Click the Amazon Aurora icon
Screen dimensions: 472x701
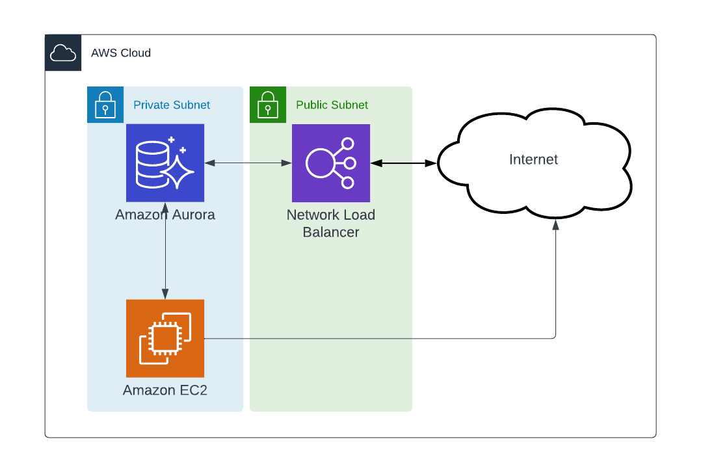tap(165, 163)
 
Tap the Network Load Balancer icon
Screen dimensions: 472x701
tap(331, 163)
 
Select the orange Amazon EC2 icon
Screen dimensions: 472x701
tap(165, 338)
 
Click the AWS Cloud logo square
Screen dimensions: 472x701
tap(63, 53)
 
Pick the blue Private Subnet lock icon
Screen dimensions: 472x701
tap(105, 105)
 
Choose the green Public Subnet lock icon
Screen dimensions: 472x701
tap(268, 105)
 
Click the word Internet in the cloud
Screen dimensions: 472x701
tap(533, 159)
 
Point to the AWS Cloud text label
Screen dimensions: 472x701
tap(121, 53)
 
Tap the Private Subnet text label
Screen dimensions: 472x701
tap(172, 105)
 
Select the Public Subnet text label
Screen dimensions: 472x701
tap(332, 105)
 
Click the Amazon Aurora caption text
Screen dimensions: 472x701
tap(165, 215)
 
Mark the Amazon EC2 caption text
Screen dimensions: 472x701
tap(165, 391)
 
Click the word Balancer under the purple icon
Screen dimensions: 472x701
tap(331, 232)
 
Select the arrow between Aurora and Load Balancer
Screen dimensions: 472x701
tap(248, 163)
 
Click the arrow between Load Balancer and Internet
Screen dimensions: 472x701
tap(403, 163)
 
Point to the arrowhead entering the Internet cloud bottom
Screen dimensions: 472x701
tap(555, 225)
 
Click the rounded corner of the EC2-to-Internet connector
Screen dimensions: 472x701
tap(554, 337)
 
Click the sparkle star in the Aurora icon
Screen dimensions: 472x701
tap(178, 171)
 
